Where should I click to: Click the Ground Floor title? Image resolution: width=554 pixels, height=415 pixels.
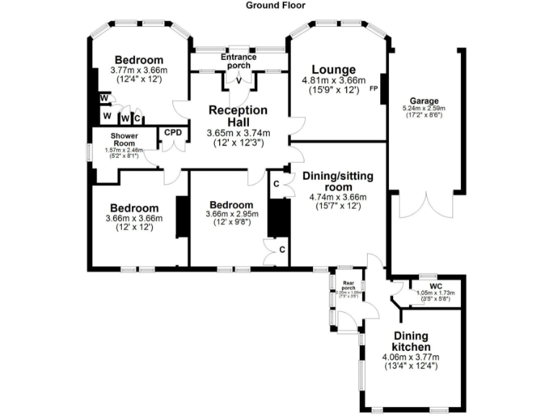click(276, 5)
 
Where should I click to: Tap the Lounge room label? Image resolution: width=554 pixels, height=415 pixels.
click(333, 69)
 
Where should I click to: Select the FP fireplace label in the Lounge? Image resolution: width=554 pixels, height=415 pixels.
click(373, 89)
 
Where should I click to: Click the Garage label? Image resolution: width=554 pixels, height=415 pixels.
click(424, 100)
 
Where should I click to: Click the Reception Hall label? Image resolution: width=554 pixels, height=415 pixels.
click(238, 116)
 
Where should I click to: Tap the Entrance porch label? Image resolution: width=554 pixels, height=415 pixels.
click(239, 61)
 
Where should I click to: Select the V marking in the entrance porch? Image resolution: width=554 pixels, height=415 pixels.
click(239, 80)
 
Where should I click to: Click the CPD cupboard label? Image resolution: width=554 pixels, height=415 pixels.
click(173, 132)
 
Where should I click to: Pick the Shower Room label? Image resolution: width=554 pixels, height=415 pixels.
click(124, 139)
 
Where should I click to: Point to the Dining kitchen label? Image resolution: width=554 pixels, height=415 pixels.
click(410, 342)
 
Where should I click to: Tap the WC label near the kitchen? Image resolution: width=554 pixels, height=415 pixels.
click(425, 285)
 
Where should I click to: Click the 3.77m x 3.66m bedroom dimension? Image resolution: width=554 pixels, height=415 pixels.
click(138, 71)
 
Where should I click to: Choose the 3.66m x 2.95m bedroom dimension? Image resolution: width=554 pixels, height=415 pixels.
click(229, 214)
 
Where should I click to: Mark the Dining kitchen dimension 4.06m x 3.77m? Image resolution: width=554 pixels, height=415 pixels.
click(410, 357)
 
